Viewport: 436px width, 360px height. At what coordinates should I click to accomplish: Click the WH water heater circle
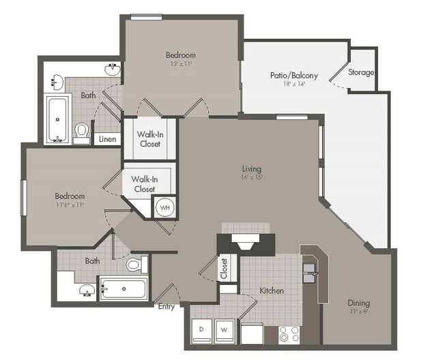click(165, 207)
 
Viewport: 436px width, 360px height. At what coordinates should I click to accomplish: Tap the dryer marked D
click(201, 331)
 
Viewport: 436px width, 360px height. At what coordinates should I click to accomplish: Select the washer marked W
click(224, 331)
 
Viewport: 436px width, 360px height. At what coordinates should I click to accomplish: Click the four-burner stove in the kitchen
click(289, 335)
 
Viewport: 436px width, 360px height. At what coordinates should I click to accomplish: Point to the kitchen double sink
click(310, 273)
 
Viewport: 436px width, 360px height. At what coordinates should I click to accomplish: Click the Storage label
click(361, 72)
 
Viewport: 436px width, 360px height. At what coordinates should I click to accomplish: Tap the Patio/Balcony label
click(294, 75)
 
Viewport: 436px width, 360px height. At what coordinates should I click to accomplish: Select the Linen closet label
click(108, 138)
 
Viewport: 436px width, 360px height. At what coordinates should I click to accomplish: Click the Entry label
click(166, 307)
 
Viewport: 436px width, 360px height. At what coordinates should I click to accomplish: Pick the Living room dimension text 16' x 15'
click(252, 177)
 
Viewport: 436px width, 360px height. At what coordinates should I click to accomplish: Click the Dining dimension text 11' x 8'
click(359, 311)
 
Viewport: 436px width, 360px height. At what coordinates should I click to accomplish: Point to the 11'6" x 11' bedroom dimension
click(69, 205)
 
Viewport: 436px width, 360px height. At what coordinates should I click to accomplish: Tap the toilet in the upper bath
click(81, 132)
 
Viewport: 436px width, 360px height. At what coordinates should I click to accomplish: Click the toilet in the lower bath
click(137, 264)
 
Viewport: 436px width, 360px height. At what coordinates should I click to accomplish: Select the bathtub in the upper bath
click(57, 119)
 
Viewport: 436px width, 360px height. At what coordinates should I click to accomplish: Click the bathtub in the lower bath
click(123, 289)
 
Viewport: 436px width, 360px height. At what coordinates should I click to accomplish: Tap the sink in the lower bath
click(87, 290)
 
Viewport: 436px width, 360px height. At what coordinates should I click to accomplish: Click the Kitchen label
click(272, 291)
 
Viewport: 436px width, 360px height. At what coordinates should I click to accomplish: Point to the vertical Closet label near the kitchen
click(224, 269)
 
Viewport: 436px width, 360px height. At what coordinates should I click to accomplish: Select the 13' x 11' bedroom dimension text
click(181, 63)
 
